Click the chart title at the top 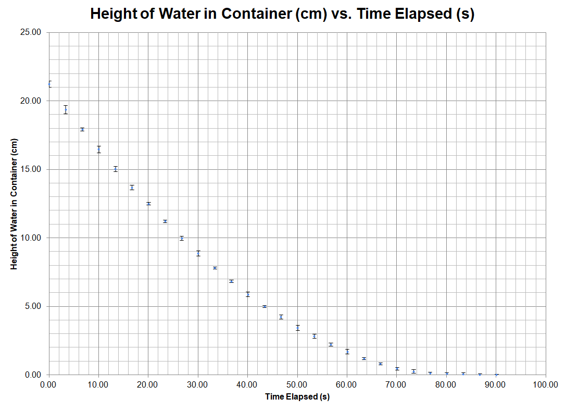[282, 14]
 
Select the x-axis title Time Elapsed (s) [297, 397]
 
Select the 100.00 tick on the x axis [546, 384]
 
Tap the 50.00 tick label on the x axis [297, 384]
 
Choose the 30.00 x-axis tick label [198, 384]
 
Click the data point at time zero [49, 84]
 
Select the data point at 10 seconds [99, 150]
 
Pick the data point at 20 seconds [148, 204]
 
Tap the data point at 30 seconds [198, 253]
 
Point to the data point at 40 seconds [248, 294]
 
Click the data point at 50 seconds [298, 328]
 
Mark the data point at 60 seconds [347, 352]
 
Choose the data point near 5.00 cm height [265, 307]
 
